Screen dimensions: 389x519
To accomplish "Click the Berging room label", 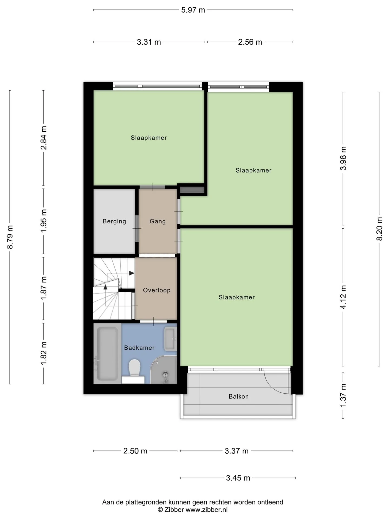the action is [x=114, y=221].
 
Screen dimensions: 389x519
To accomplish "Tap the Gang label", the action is [x=158, y=221].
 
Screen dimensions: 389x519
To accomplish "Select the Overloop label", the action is [x=157, y=290].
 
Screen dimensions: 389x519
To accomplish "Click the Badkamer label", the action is [x=139, y=348].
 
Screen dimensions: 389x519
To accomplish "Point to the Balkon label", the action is [x=239, y=397].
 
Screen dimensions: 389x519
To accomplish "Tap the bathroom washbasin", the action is [x=170, y=338].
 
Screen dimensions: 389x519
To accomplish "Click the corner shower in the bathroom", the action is [x=164, y=370].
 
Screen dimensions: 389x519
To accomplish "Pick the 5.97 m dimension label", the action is [x=193, y=10].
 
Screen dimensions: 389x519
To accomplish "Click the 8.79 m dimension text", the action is [x=10, y=237].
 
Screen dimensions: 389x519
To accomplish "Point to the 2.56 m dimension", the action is [x=250, y=42].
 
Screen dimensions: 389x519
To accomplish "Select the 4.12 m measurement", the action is [x=343, y=297].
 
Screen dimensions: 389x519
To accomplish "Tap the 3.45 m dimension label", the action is [x=238, y=478].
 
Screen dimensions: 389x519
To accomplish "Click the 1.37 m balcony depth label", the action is [x=343, y=395].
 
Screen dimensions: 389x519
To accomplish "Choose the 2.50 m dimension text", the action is [x=135, y=451].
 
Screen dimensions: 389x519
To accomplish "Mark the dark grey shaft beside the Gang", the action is [x=192, y=190].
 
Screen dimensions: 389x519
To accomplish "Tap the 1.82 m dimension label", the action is [x=43, y=353].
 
